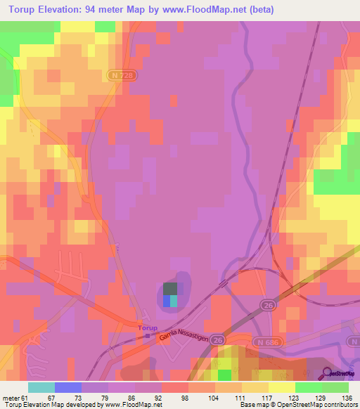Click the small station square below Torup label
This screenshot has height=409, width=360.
(x=147, y=336)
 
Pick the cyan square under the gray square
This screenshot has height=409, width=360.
(x=174, y=301)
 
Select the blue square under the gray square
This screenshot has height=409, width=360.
(x=167, y=301)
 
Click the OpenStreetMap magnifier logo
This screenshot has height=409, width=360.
(x=328, y=373)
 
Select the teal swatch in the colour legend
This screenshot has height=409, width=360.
(x=41, y=388)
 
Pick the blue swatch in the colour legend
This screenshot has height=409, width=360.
(x=67, y=388)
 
